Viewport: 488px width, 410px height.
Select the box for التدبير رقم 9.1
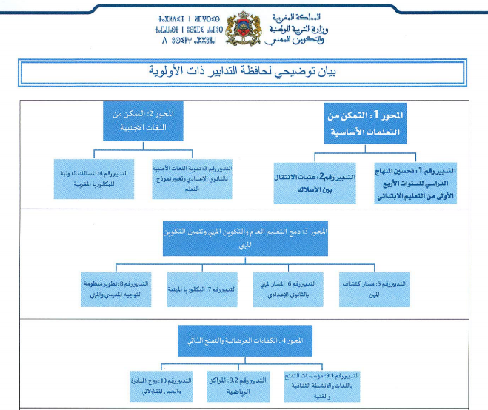[x=323, y=385]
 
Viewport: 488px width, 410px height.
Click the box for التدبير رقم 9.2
[x=238, y=385]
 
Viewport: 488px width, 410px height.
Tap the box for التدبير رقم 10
[x=161, y=385]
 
